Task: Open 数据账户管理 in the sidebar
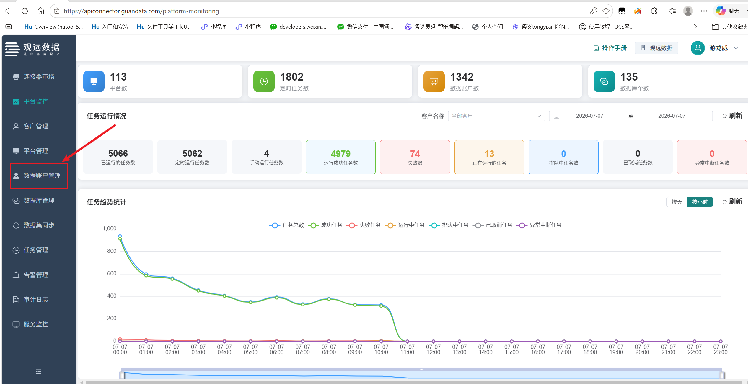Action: [39, 176]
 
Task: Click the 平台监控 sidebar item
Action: [36, 101]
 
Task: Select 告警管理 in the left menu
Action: [36, 275]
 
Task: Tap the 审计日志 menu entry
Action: [36, 300]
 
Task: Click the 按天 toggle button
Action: [677, 202]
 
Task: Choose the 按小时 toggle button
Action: [700, 202]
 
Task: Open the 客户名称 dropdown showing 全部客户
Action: [496, 116]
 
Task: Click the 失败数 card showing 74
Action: [415, 157]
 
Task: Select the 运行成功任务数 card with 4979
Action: [341, 157]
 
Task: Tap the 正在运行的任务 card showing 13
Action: [489, 157]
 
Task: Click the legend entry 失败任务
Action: [364, 225]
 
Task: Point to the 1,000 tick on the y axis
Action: [110, 229]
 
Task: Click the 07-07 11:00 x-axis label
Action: [407, 349]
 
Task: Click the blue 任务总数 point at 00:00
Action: [120, 236]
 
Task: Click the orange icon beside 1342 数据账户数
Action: [434, 81]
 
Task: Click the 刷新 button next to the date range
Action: [732, 116]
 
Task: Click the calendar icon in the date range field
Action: [556, 116]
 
